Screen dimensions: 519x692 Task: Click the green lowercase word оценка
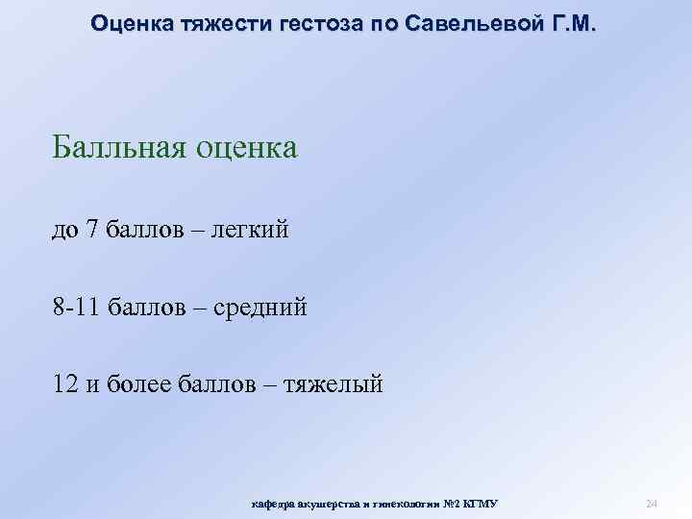click(247, 149)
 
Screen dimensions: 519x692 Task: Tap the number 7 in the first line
click(92, 231)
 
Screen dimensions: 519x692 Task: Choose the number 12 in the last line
click(67, 384)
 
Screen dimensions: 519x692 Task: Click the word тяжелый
click(334, 384)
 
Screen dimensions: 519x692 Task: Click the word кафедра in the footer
click(273, 503)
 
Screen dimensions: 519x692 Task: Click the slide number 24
click(651, 503)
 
